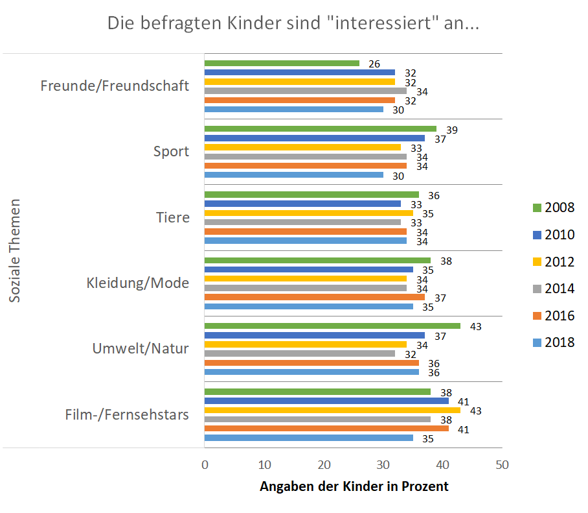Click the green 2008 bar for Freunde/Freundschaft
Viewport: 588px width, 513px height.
[282, 63]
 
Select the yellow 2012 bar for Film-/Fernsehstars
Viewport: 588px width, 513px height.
[332, 410]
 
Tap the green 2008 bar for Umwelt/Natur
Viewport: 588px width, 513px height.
[332, 326]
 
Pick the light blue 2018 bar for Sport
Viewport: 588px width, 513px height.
[293, 174]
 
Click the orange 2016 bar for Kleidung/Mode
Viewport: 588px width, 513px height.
[314, 296]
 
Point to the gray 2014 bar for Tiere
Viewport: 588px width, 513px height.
[302, 222]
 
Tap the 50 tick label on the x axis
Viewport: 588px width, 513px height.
[501, 465]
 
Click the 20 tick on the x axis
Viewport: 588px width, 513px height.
[324, 465]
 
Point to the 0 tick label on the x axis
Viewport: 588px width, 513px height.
[205, 465]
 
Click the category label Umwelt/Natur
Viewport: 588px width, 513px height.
[141, 348]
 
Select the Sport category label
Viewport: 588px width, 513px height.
[171, 152]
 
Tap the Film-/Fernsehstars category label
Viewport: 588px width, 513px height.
[127, 414]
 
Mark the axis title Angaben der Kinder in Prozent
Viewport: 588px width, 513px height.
[354, 486]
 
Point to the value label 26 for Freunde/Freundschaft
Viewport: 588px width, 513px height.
[374, 64]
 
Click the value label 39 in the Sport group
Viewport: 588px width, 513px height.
[451, 130]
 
